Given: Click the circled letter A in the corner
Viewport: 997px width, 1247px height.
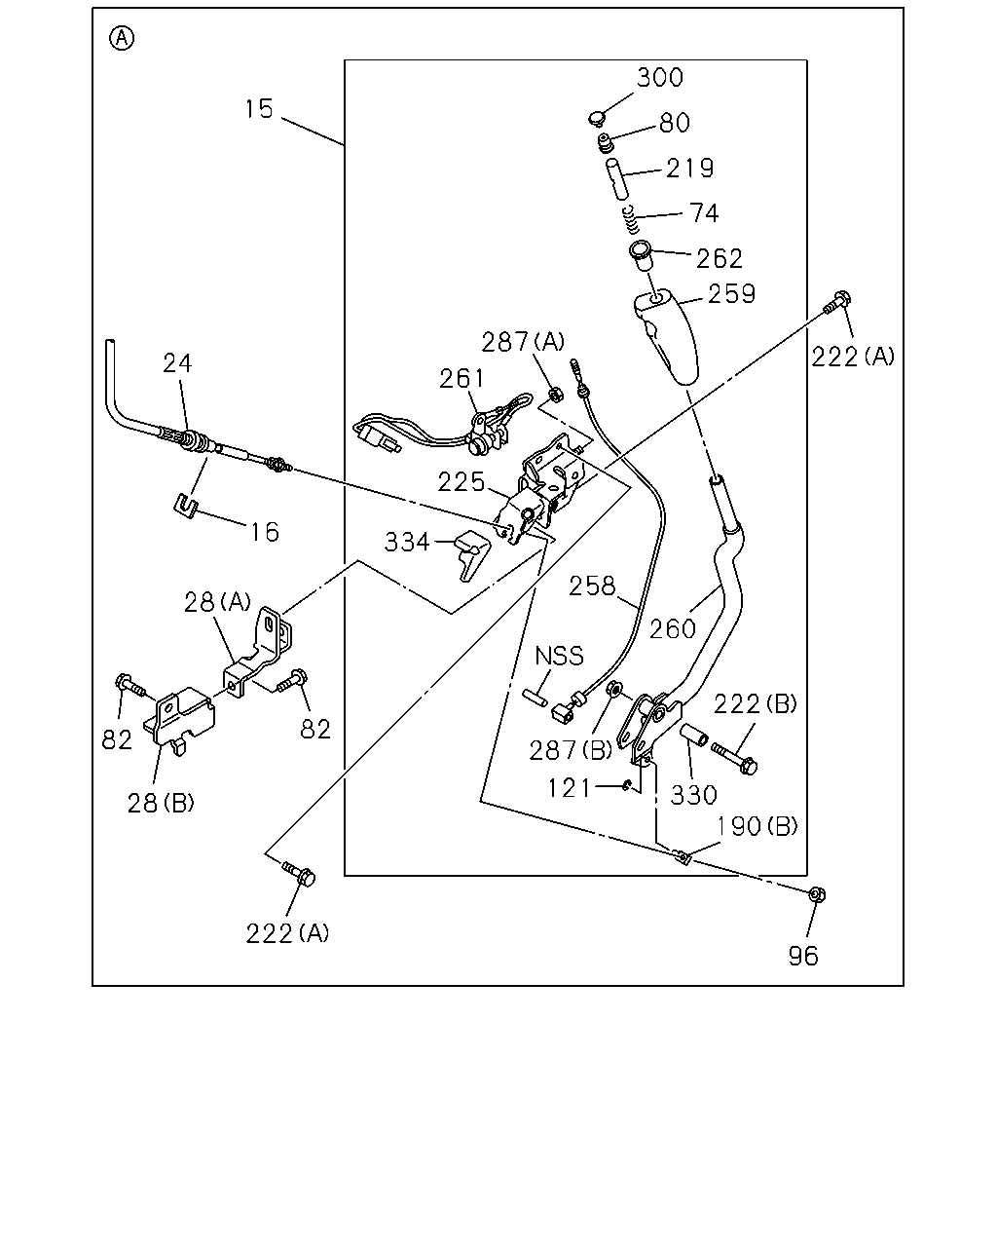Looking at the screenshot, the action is click(x=122, y=38).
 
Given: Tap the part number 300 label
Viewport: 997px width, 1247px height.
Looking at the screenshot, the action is click(x=660, y=77).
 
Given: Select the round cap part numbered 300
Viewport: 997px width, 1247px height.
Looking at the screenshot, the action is click(x=596, y=119).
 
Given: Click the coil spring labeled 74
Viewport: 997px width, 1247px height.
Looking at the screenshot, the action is click(x=632, y=219).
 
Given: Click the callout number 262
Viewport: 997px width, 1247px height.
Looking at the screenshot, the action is click(x=719, y=258).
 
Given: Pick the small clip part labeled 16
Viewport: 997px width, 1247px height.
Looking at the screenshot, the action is click(x=186, y=506).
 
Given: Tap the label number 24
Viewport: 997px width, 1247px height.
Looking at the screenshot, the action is click(x=176, y=363).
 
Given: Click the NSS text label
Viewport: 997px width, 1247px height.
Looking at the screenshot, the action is click(x=559, y=656).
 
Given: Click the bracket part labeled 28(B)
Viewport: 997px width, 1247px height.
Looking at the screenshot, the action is click(x=179, y=720).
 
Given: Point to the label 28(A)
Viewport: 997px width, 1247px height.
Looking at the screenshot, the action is click(x=217, y=603).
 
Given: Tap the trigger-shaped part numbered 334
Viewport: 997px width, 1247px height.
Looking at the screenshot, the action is click(x=470, y=554).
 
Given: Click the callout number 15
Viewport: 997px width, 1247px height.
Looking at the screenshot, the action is click(x=258, y=109).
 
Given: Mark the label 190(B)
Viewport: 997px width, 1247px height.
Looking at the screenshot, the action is click(x=757, y=826).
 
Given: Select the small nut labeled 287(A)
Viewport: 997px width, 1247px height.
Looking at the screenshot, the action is click(x=554, y=396).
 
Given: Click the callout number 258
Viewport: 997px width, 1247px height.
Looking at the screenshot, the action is click(x=591, y=586).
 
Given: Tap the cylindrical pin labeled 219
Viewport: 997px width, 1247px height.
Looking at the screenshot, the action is click(x=617, y=179).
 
